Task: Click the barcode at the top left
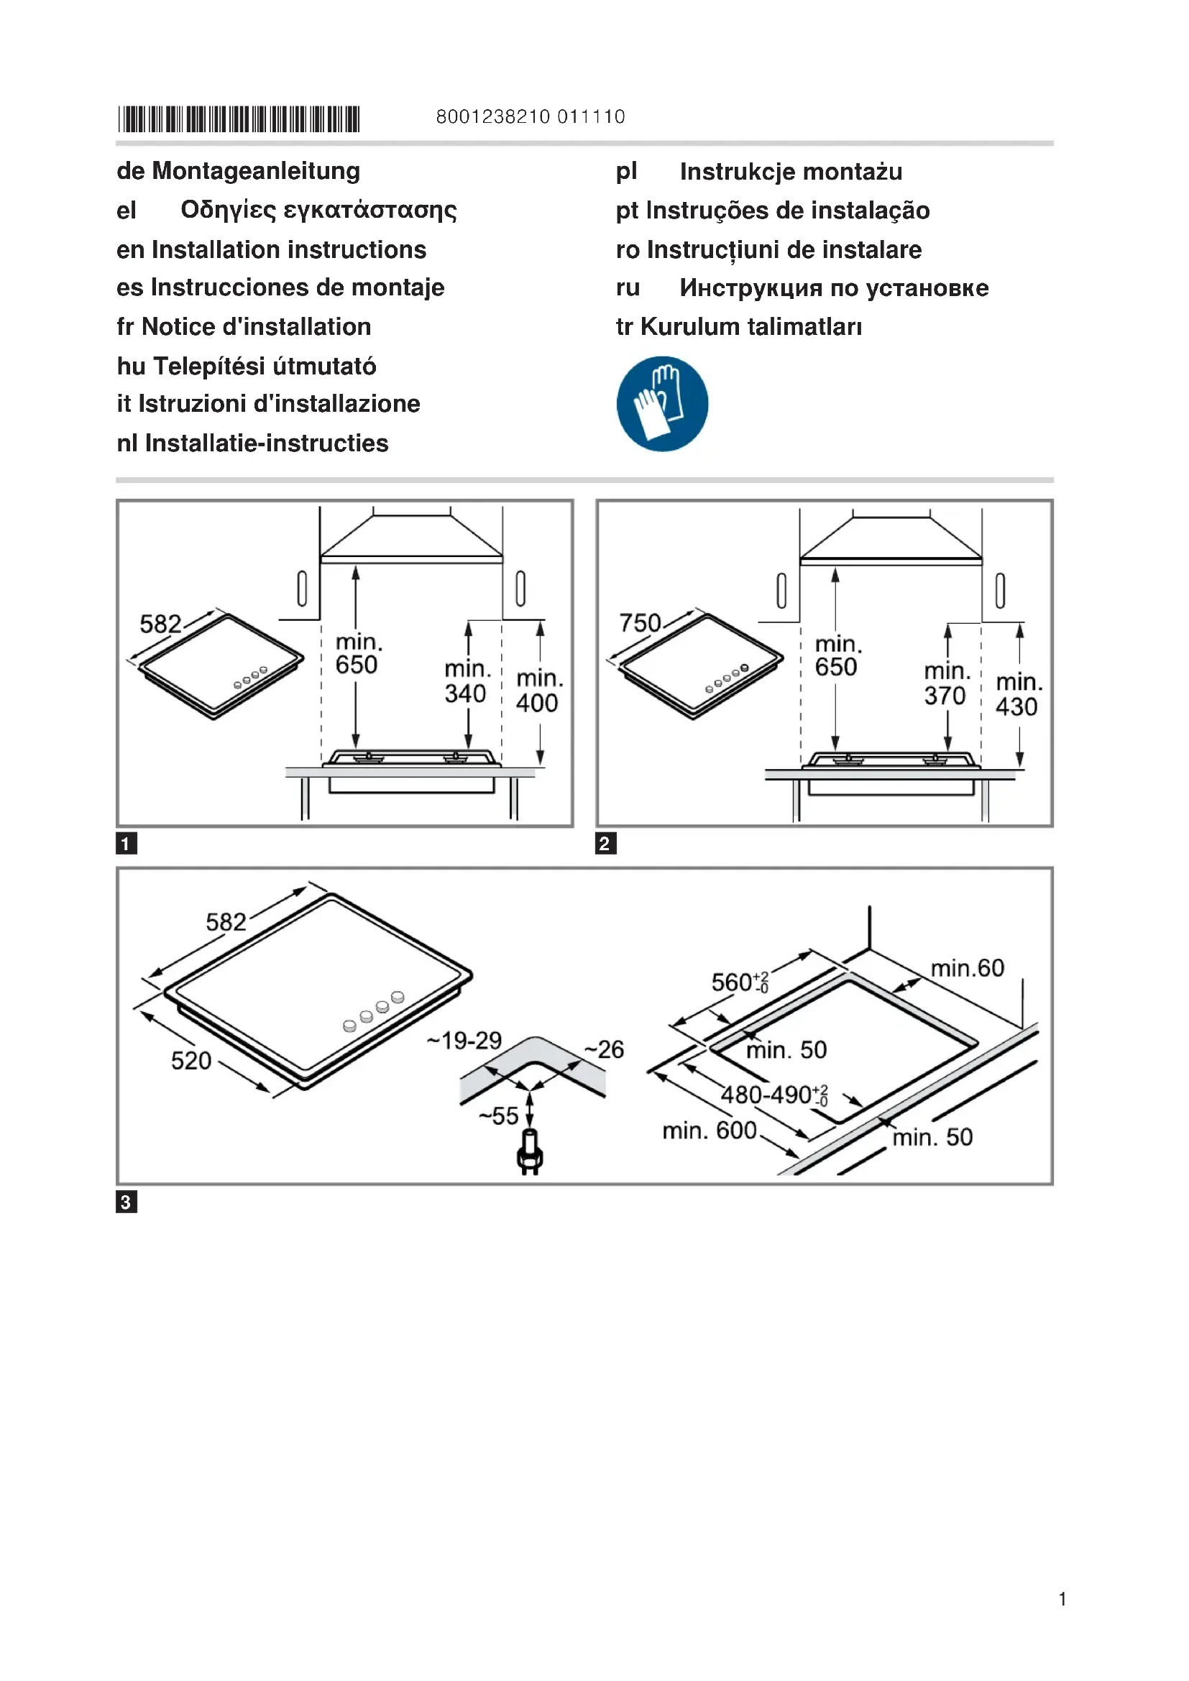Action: [239, 119]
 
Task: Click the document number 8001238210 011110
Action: [530, 117]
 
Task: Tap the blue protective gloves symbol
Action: [662, 403]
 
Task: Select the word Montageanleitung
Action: [255, 171]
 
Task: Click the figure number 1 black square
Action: [127, 844]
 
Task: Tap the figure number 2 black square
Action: [605, 844]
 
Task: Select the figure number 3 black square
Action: [127, 1202]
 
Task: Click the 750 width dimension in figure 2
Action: [640, 623]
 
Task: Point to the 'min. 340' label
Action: [467, 681]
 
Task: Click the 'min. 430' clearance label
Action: [1019, 695]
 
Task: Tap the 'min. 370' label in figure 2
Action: [946, 683]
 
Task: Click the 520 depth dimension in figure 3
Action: [191, 1061]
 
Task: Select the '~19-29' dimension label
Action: [465, 1041]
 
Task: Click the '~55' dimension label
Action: [499, 1116]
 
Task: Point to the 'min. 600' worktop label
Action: [709, 1131]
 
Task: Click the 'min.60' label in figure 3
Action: [967, 969]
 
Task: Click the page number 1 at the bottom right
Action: [1062, 1599]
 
